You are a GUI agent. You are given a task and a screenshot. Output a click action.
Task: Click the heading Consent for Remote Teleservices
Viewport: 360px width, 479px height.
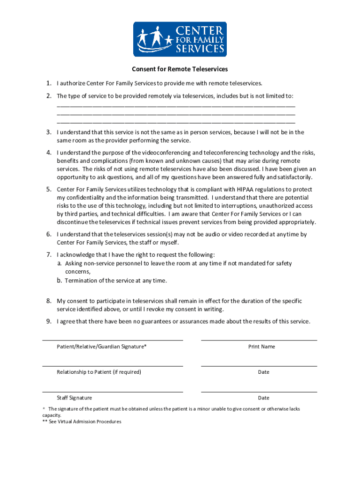180,69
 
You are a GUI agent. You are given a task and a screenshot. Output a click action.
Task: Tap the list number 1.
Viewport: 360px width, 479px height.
48,83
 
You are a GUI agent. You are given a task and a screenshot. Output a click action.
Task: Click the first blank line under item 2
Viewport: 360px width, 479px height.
176,107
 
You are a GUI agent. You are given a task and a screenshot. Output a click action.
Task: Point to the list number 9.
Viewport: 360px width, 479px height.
48,321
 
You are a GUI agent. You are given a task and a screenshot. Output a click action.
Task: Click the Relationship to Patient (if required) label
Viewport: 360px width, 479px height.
99,372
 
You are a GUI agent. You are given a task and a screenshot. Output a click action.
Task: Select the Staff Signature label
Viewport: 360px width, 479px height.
74,398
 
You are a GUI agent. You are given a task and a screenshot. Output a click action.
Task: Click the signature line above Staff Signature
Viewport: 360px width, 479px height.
112,392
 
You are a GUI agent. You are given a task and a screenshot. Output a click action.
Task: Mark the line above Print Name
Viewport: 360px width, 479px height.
259,340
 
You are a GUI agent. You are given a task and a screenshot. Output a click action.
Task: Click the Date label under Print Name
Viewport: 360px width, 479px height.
264,372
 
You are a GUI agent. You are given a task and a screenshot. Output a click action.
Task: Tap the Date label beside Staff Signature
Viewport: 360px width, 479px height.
264,398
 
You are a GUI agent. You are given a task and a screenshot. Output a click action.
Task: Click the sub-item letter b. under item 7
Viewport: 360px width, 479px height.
59,281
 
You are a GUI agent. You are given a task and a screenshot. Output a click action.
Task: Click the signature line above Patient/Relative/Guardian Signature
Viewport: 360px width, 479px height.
112,340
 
